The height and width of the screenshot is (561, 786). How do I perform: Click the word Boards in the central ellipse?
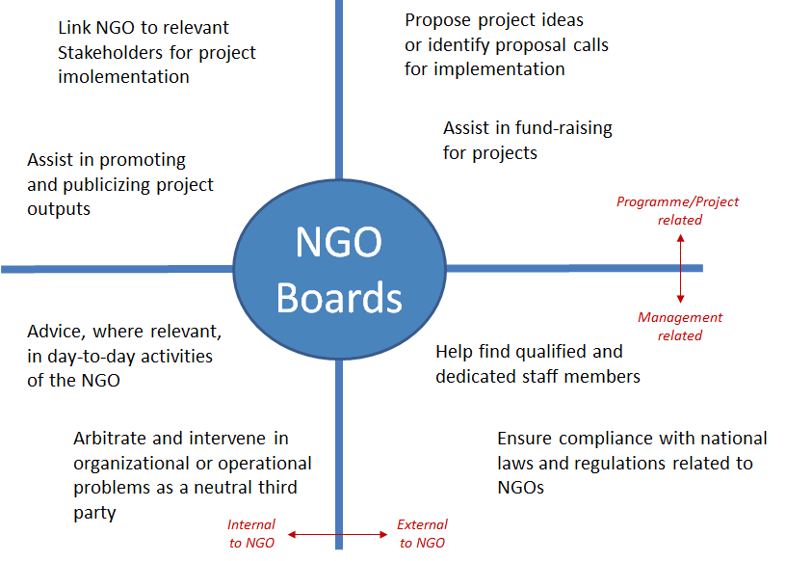pos(339,298)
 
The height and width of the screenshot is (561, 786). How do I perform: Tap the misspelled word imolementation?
pos(124,77)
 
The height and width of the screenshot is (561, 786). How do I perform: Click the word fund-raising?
pos(563,128)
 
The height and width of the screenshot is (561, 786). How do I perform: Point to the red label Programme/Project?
pos(678,201)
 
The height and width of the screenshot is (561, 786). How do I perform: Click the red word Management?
pos(680,317)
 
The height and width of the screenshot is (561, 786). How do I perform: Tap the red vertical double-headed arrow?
pos(680,269)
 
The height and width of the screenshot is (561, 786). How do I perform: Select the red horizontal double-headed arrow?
pos(338,535)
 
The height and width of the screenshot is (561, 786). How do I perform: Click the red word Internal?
pos(251,524)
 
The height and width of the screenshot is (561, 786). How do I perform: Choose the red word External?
pos(422,524)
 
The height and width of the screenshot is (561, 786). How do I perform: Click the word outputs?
pos(59,209)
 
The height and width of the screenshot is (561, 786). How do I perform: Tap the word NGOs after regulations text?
pos(521,487)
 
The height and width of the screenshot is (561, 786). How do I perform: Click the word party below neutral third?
pos(94,514)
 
